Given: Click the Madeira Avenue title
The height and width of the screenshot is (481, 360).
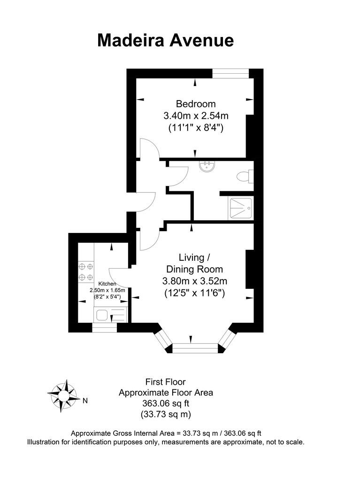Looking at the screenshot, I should [x=165, y=40].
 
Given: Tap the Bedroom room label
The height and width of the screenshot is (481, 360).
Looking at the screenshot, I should [x=196, y=104].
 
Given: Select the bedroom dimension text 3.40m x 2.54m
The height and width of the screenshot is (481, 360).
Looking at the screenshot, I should [x=196, y=116].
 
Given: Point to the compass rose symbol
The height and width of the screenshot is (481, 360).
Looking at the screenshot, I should [x=63, y=395].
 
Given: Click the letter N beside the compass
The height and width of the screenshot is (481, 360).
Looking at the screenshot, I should [x=85, y=401].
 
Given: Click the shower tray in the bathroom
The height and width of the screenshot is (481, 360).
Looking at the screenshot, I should [x=240, y=208].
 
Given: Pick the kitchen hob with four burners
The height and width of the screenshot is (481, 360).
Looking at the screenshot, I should [x=86, y=272].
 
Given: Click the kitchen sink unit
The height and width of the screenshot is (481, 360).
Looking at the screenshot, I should [x=111, y=314].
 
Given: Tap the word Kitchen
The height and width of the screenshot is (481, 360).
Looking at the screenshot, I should [x=107, y=284].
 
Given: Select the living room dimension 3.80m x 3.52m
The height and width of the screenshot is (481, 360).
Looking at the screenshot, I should [x=195, y=282].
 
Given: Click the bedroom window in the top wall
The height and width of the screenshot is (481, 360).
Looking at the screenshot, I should [x=230, y=73].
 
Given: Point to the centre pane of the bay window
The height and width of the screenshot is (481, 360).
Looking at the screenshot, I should [x=196, y=348].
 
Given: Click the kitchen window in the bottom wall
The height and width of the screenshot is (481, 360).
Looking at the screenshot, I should [x=104, y=327].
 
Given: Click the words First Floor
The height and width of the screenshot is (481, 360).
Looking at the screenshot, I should [x=166, y=382].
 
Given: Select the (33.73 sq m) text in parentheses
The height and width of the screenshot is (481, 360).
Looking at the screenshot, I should [x=166, y=414].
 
